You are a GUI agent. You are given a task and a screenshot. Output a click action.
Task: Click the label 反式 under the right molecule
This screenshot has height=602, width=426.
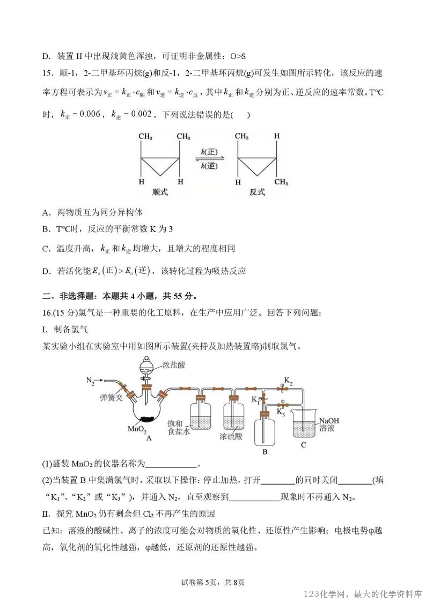tap(257, 192)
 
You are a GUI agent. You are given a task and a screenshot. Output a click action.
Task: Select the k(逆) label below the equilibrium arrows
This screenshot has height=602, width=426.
tap(209, 166)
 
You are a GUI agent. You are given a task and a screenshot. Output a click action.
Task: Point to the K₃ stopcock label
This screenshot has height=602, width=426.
tap(281, 412)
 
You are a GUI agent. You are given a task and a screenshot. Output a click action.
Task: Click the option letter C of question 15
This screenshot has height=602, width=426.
tap(46, 249)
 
